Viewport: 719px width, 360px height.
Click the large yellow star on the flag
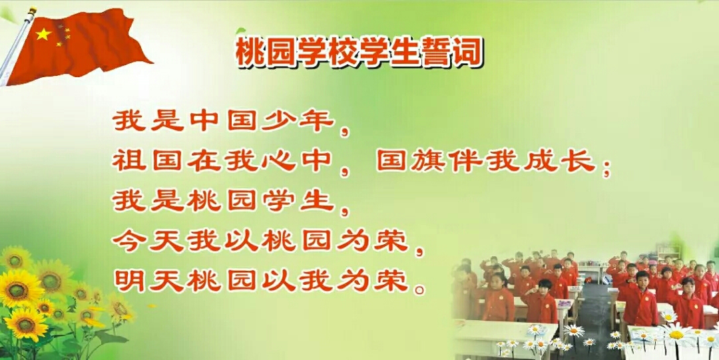[x=43, y=33]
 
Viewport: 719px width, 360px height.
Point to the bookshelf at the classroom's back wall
[x=668, y=252]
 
